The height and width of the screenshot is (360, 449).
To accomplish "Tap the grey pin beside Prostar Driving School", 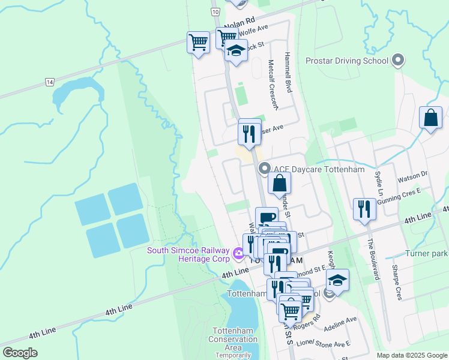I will point(397,61).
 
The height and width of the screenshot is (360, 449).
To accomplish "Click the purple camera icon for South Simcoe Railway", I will point(238,254).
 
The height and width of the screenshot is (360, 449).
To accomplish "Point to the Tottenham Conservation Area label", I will point(235,339).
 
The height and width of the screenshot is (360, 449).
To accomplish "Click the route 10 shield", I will point(214,12).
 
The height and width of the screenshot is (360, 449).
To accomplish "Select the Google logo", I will point(20,353).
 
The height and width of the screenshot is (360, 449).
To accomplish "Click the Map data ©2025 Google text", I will point(411,355).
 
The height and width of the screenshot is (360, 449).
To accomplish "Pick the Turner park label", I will point(426,254).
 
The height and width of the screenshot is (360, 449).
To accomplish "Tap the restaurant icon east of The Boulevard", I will point(364,209).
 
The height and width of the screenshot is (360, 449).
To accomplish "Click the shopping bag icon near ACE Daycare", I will point(279,184).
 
